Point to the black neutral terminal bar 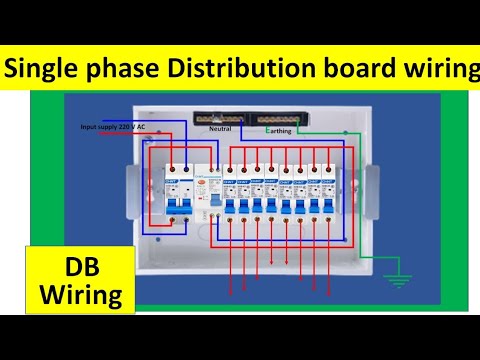click(x=220, y=118)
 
